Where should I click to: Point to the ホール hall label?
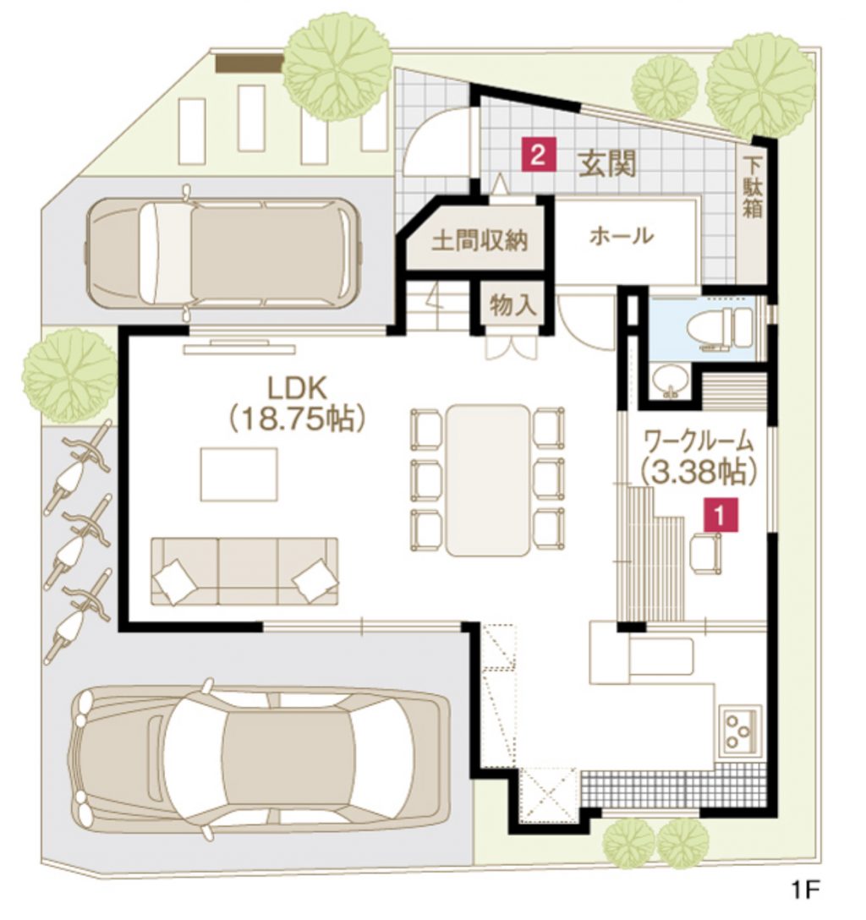(x=622, y=237)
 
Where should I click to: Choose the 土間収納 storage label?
(x=481, y=241)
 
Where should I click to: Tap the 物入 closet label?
(x=513, y=306)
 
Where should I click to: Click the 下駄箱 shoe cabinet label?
(x=753, y=187)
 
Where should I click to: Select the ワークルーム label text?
(x=699, y=438)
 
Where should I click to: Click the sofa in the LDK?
(x=244, y=571)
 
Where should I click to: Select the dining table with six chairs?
(x=488, y=479)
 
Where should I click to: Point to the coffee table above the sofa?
(x=238, y=474)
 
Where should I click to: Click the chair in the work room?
(x=706, y=553)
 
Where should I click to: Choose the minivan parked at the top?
(x=222, y=252)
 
